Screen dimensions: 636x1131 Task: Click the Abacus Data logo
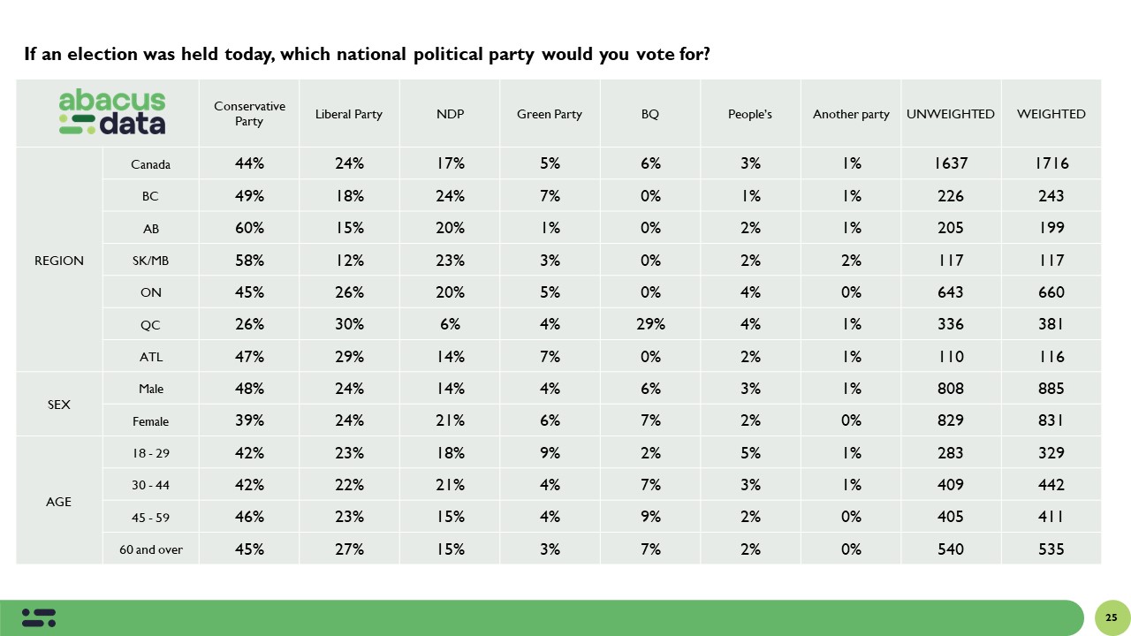pos(112,113)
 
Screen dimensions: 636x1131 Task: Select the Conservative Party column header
pos(249,114)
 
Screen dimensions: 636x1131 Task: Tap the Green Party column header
pos(550,114)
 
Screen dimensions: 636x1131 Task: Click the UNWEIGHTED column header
pos(951,114)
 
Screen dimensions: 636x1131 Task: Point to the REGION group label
pos(59,261)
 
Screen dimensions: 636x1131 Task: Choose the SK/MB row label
pos(150,261)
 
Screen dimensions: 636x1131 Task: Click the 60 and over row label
pos(150,549)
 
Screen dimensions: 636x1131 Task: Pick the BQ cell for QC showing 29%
pos(650,324)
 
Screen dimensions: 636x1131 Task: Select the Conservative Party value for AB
pos(249,228)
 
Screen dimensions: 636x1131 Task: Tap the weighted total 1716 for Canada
pos(1051,164)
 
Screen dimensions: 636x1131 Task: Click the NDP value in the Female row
pos(450,421)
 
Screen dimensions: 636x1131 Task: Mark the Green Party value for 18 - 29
pos(550,453)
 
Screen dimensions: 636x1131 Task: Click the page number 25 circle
pos(1112,617)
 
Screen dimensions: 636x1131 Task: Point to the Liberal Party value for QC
pos(349,324)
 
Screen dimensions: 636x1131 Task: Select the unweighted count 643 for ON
pos(951,292)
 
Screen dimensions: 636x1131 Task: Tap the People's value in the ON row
pos(750,292)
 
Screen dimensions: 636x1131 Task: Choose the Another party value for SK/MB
pos(851,261)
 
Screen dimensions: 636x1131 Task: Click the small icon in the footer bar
pos(39,617)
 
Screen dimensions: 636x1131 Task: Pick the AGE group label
pos(59,502)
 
